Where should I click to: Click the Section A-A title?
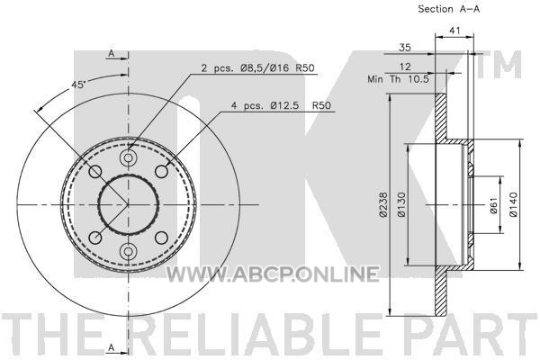(448, 9)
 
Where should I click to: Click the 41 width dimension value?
(454, 31)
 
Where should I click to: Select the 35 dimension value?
(405, 47)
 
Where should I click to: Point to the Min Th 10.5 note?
(399, 79)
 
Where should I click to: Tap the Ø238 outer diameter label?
(384, 204)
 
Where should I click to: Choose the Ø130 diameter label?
(402, 204)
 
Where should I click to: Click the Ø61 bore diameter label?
(493, 205)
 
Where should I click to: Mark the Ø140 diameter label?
(513, 204)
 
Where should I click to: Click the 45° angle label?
(78, 85)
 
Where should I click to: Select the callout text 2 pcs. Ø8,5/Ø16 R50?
(258, 67)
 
